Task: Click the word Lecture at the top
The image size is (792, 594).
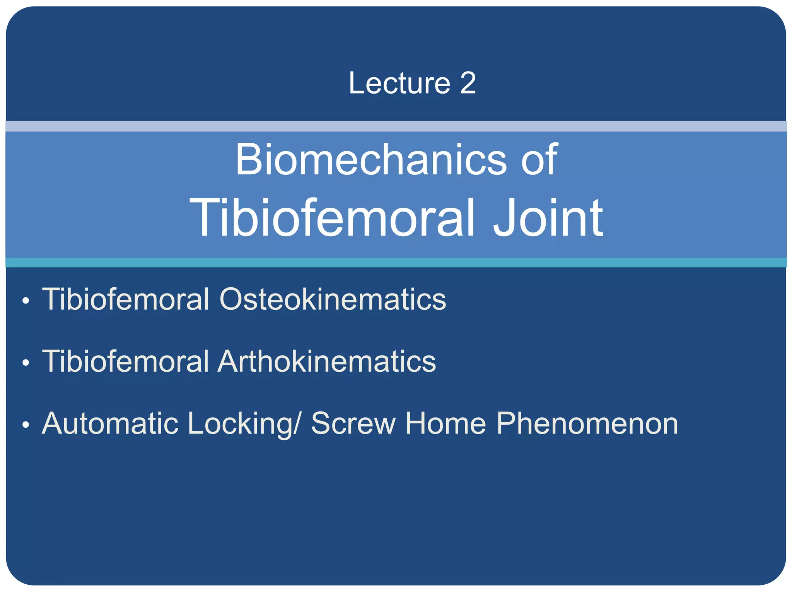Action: pos(399,83)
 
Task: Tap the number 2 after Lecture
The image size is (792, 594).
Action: pos(468,83)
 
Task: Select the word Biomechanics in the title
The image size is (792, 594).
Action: pos(370,159)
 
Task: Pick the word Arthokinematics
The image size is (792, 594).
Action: pos(327,361)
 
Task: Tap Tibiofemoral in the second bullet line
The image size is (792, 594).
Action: pos(125,361)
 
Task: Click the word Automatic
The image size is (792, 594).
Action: pos(110,423)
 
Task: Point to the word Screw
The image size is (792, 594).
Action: pos(353,423)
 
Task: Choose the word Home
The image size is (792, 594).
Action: pos(445,423)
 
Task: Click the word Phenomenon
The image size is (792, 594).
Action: pos(587,423)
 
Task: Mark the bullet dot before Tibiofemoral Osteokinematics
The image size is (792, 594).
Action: pos(26,301)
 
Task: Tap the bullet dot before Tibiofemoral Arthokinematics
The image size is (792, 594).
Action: pos(26,363)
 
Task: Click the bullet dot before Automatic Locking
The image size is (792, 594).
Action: pos(26,425)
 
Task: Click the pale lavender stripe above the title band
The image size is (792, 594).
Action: pos(396,126)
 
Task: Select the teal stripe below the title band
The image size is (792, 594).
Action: pos(396,262)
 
